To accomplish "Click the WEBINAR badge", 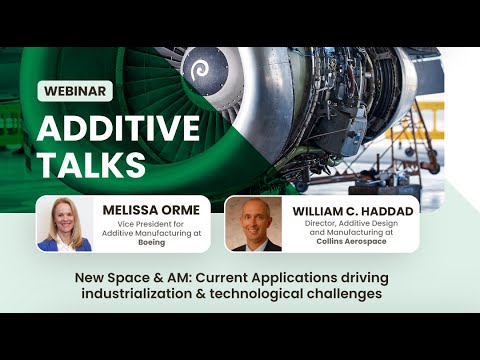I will (x=75, y=91).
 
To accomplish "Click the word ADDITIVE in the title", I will (x=119, y=128).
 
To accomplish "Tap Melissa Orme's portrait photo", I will (x=65, y=224).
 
